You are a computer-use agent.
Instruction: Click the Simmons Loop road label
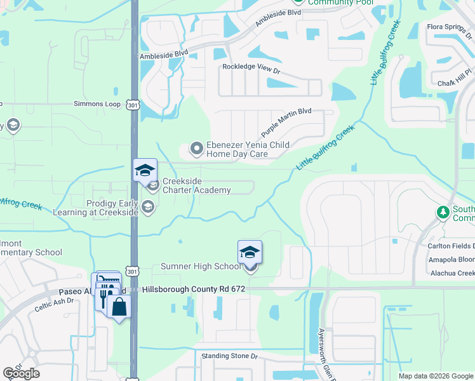coord(97,104)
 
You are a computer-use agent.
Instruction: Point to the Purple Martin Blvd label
coord(286,121)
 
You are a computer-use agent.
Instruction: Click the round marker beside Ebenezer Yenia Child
coord(197,149)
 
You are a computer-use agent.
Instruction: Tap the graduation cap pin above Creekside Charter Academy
coord(145,170)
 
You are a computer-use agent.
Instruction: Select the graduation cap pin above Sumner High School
coord(250,252)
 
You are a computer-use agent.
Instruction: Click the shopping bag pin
coord(119,307)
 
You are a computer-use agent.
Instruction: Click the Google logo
coord(22,373)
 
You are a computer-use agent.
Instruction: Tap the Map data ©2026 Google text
coord(436,376)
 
